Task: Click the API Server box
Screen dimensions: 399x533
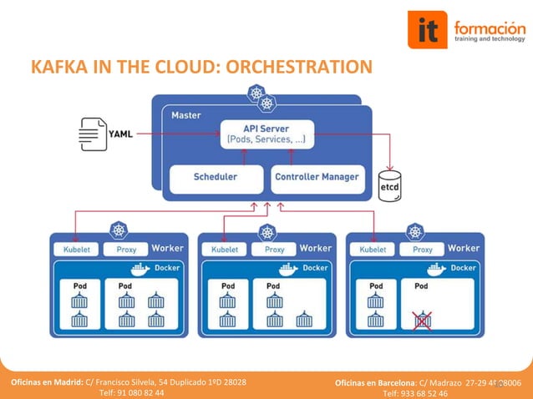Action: tap(266, 134)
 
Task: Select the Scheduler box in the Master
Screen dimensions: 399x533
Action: tap(216, 177)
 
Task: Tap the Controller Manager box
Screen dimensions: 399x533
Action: tap(317, 177)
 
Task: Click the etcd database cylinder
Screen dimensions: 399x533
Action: tap(389, 185)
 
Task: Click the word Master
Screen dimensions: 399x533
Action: tap(185, 115)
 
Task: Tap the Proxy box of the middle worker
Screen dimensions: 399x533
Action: tap(274, 249)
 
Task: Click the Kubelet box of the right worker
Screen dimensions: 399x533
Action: tap(373, 249)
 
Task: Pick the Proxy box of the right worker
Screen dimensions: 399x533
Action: tap(422, 249)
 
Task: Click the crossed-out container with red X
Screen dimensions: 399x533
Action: tap(423, 320)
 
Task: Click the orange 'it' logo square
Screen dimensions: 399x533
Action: tap(428, 31)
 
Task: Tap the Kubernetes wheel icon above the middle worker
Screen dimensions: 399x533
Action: tap(266, 232)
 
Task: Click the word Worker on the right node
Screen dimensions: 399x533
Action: tap(464, 248)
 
